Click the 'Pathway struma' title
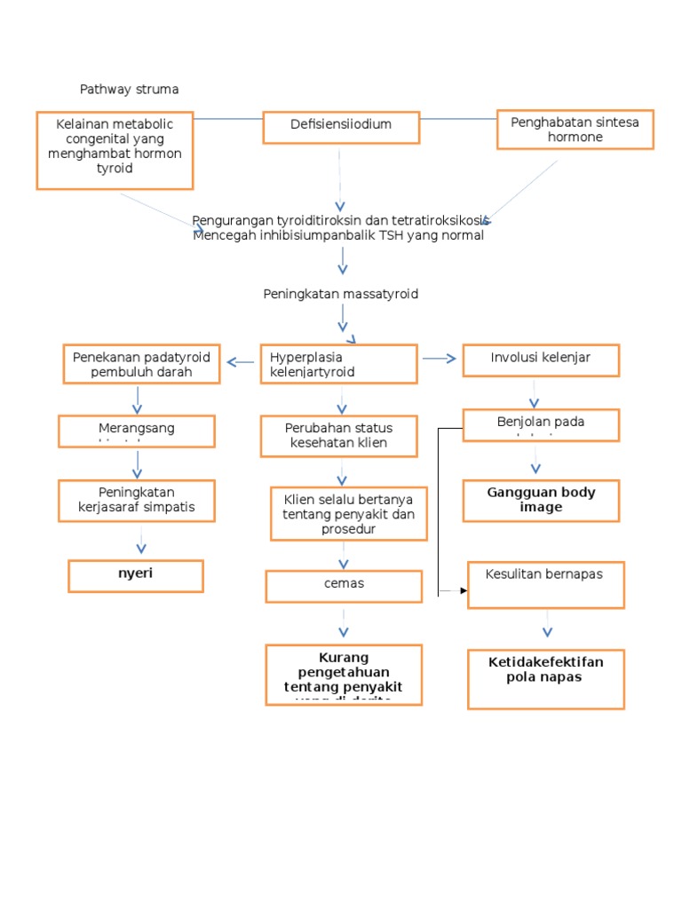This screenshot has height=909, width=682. click(129, 90)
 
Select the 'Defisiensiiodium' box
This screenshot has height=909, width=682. click(341, 127)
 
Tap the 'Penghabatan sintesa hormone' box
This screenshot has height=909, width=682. click(575, 130)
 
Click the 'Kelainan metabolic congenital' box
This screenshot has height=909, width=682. click(115, 150)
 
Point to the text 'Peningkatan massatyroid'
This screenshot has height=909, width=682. click(340, 294)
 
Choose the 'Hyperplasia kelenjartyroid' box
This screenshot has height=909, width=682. click(338, 364)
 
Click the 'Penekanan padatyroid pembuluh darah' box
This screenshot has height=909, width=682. click(141, 364)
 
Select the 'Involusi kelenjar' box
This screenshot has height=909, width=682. click(541, 360)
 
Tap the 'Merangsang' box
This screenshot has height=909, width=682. click(137, 431)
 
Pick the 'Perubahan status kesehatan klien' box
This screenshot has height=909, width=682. click(338, 437)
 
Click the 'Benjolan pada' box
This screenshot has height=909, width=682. click(541, 424)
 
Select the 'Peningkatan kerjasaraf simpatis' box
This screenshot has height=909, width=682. click(137, 502)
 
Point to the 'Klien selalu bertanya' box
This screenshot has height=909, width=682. click(349, 513)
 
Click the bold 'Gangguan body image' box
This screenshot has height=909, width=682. click(541, 501)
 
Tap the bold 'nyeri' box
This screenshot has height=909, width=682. click(136, 575)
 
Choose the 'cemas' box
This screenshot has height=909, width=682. click(344, 586)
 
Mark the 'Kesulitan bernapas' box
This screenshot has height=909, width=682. click(546, 584)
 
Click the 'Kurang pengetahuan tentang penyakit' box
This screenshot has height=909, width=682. click(344, 675)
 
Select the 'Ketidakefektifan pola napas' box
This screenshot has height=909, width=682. click(546, 679)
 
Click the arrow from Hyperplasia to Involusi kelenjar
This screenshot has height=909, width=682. click(440, 359)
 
